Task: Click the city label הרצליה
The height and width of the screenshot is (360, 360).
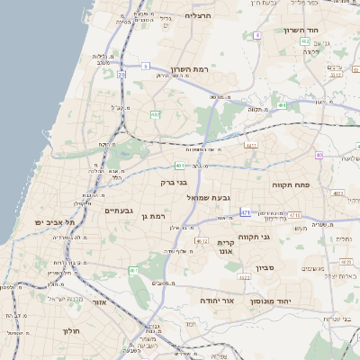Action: pos(196,15)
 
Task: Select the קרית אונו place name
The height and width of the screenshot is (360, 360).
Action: pos(226,247)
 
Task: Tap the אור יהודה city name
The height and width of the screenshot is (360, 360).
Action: pos(216,300)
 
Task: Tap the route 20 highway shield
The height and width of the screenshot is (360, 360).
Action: pos(121,75)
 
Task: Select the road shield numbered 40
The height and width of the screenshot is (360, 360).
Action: pos(319,156)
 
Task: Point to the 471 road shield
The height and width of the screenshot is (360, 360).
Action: pos(246,212)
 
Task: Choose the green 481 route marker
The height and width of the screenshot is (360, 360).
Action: pos(181,166)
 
